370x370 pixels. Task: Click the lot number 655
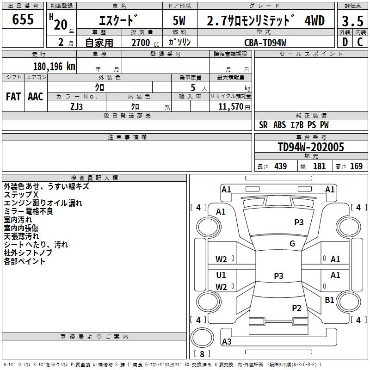23,20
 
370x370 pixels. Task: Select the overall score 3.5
351,21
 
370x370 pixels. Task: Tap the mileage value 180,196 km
54,66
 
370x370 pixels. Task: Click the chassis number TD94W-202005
311,147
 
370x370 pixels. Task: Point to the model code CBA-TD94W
265,43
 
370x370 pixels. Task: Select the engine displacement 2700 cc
141,43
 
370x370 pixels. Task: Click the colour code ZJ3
77,106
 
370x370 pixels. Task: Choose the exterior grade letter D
345,42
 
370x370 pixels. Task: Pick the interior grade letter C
359,42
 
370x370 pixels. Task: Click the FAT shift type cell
13,97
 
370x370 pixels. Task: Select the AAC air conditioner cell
36,97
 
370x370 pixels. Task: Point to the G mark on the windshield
292,244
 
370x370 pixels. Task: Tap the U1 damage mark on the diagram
221,275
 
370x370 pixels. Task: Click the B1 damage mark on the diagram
329,300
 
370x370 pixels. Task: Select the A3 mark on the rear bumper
227,342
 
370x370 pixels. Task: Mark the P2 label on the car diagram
296,308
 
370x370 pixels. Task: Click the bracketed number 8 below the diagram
202,354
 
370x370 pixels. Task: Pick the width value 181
319,166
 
